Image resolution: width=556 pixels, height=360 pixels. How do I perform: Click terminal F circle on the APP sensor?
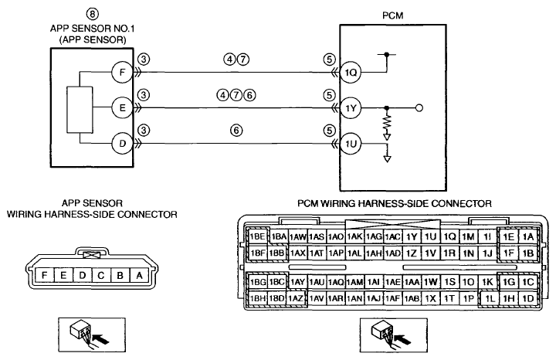pos(122,73)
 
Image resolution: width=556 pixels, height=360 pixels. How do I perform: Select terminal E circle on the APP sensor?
pos(122,108)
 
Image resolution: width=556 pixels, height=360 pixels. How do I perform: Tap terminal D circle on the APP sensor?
pos(122,144)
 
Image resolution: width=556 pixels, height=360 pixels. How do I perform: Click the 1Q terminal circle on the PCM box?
pos(351,73)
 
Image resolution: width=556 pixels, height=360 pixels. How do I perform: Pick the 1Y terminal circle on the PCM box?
pos(351,108)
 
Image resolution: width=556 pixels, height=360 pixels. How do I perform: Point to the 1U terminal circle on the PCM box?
pos(351,144)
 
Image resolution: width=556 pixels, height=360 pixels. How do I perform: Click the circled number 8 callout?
pos(92,14)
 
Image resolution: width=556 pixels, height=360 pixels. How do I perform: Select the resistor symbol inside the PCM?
pos(387,122)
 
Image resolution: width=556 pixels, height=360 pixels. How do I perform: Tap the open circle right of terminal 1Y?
pos(419,108)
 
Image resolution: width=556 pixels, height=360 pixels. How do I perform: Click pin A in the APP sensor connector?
pos(139,275)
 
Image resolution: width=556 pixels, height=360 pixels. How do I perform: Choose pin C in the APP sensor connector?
pos(101,275)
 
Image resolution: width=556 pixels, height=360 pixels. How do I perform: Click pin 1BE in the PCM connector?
pos(257,236)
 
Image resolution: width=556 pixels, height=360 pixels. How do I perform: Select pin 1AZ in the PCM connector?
pos(296,299)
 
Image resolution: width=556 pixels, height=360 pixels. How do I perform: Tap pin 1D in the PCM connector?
pos(528,299)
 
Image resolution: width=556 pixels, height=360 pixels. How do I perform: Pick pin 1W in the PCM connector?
pos(430,282)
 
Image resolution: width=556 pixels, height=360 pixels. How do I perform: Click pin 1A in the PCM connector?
pos(528,236)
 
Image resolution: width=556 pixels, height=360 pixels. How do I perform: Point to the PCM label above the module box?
pos(393,15)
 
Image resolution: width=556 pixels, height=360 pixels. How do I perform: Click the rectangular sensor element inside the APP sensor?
pos(80,110)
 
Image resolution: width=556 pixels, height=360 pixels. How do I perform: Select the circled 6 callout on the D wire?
pos(236,131)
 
